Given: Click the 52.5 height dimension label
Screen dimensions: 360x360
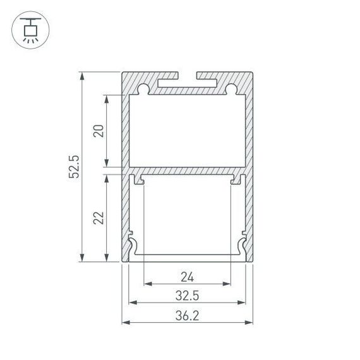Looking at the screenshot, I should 74,167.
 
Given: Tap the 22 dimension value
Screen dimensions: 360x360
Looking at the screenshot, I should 98,218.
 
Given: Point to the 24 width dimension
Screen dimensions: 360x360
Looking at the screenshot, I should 187,276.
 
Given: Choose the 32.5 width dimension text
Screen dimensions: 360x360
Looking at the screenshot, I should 187,295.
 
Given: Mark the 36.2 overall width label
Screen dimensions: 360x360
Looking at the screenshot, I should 187,315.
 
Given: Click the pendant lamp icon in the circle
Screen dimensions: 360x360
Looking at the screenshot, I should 29,29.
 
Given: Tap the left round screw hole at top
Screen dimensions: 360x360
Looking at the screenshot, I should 144,88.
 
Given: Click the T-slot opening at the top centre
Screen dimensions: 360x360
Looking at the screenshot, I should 188,78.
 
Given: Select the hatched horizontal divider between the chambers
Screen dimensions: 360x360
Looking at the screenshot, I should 188,171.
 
